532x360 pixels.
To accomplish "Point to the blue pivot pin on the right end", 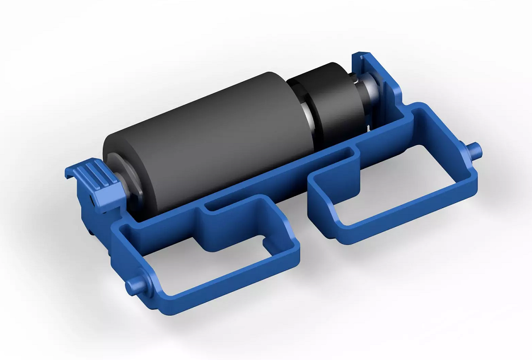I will click(476, 151).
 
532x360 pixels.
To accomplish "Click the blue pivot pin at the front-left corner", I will click(136, 283).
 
